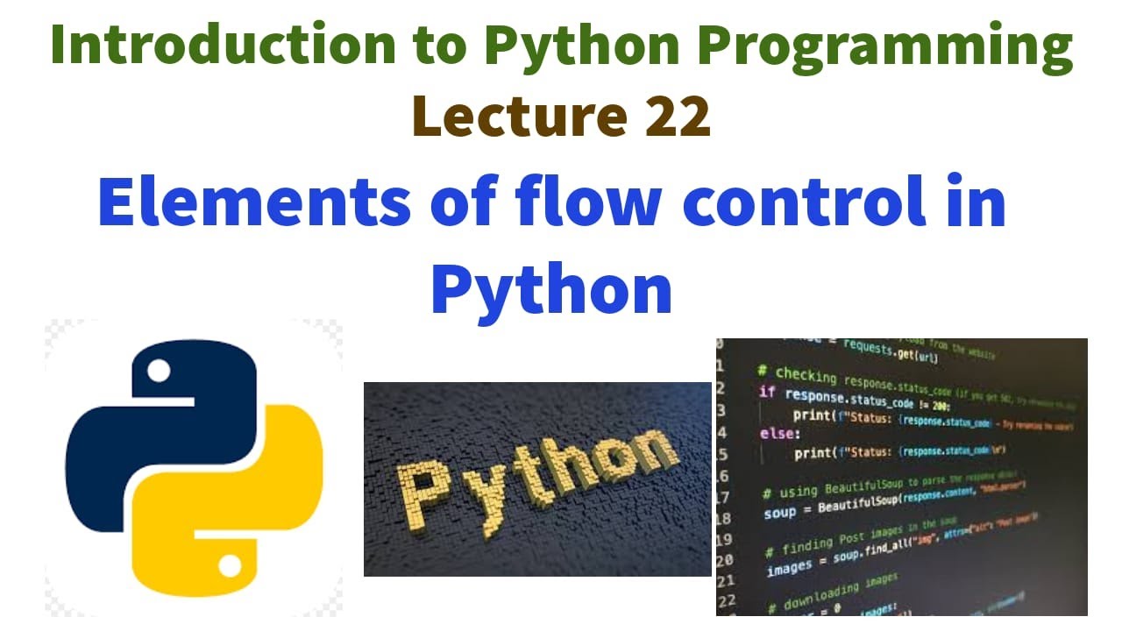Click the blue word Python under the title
pyautogui.click(x=551, y=290)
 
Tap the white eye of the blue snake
pyautogui.click(x=159, y=372)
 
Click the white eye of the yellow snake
pyautogui.click(x=230, y=567)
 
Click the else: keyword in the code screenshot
pyautogui.click(x=779, y=433)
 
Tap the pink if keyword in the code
pyautogui.click(x=766, y=392)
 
